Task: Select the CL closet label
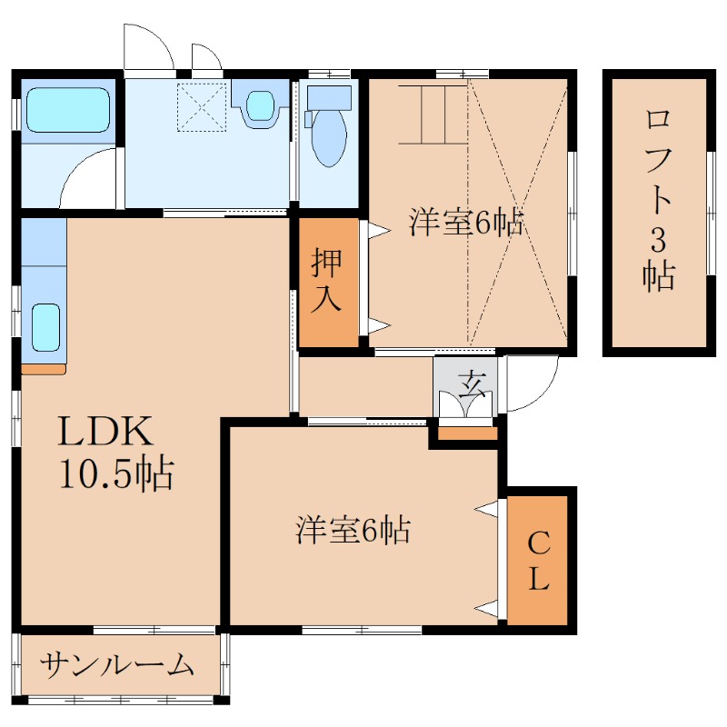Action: click(x=539, y=561)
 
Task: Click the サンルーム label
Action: click(x=118, y=666)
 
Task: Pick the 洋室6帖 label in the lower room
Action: click(x=353, y=530)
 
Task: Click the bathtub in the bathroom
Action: click(x=67, y=109)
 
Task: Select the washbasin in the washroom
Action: click(x=260, y=105)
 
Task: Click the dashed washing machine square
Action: click(x=201, y=106)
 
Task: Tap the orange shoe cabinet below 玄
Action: click(x=468, y=433)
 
